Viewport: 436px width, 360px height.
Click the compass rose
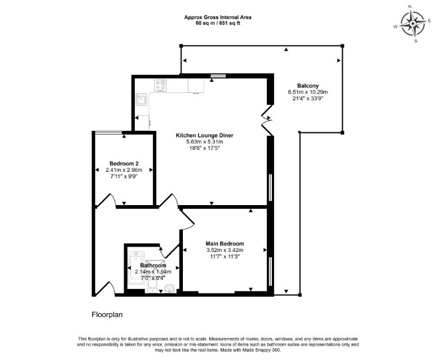413,24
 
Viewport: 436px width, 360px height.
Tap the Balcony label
308,86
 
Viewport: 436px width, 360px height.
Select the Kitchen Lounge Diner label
204,135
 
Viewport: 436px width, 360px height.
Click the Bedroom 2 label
124,163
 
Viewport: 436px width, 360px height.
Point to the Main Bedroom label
225,243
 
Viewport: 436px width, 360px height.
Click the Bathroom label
153,266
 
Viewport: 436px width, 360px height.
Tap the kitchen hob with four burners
161,85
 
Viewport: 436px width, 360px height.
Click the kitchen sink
141,100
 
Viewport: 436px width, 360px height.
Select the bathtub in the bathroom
136,268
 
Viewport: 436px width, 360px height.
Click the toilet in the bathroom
152,286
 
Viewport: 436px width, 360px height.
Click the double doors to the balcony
267,120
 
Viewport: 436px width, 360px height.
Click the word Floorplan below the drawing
107,314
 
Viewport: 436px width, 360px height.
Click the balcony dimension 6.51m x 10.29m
308,92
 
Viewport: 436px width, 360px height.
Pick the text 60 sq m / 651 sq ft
218,23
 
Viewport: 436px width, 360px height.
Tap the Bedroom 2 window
109,132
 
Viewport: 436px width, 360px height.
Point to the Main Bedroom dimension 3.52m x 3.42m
225,250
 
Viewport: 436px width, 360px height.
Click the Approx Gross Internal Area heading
218,17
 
